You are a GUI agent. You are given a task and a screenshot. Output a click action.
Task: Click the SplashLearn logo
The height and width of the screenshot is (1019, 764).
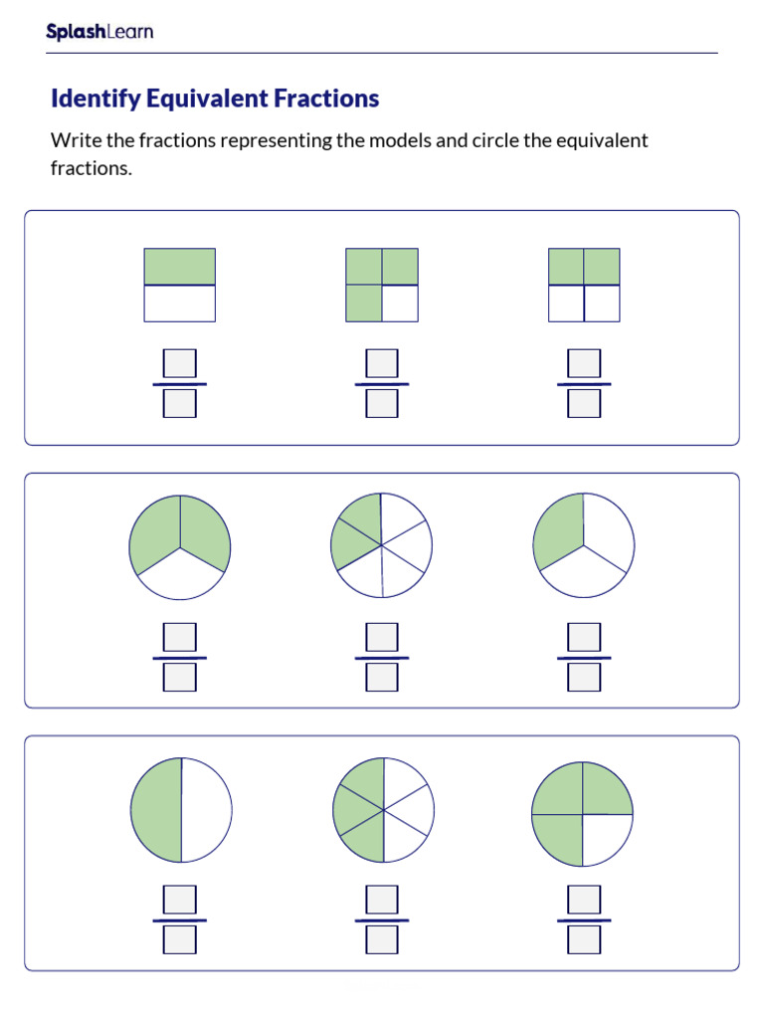tap(99, 32)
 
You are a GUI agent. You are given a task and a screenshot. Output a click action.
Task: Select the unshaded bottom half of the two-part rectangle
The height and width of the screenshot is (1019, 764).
tap(179, 304)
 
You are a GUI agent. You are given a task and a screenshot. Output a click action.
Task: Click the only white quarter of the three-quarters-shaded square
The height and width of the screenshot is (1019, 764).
tap(400, 304)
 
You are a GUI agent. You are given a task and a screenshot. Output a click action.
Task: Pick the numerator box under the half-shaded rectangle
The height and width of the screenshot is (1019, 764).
tap(180, 363)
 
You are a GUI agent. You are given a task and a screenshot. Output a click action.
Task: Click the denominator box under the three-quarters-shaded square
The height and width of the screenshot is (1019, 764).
tap(382, 403)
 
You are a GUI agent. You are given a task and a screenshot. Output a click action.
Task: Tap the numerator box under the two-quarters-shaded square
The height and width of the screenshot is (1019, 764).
tap(584, 363)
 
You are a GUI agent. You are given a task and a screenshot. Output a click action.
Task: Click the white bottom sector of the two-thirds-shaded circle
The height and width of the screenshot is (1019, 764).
tap(180, 580)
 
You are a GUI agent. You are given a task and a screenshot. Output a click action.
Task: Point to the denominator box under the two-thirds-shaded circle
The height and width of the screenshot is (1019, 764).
tap(180, 677)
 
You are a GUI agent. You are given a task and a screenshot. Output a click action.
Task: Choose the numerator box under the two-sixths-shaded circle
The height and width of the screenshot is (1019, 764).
tap(382, 637)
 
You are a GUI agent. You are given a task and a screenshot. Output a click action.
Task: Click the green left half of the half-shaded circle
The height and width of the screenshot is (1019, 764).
tap(157, 810)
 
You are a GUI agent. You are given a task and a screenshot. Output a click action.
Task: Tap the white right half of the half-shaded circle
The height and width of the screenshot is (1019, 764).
tap(207, 810)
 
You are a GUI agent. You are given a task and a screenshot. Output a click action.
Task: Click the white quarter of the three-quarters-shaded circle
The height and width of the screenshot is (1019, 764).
tap(605, 836)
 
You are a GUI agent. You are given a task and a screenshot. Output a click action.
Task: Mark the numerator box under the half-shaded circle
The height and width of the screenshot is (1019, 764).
tap(180, 900)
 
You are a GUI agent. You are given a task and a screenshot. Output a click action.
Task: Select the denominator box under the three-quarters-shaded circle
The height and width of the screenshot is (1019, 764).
tap(584, 939)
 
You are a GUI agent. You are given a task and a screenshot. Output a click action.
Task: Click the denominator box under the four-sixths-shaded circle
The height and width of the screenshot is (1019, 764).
tap(382, 939)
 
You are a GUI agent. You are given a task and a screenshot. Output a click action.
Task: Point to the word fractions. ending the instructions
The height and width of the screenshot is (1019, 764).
tap(91, 168)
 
